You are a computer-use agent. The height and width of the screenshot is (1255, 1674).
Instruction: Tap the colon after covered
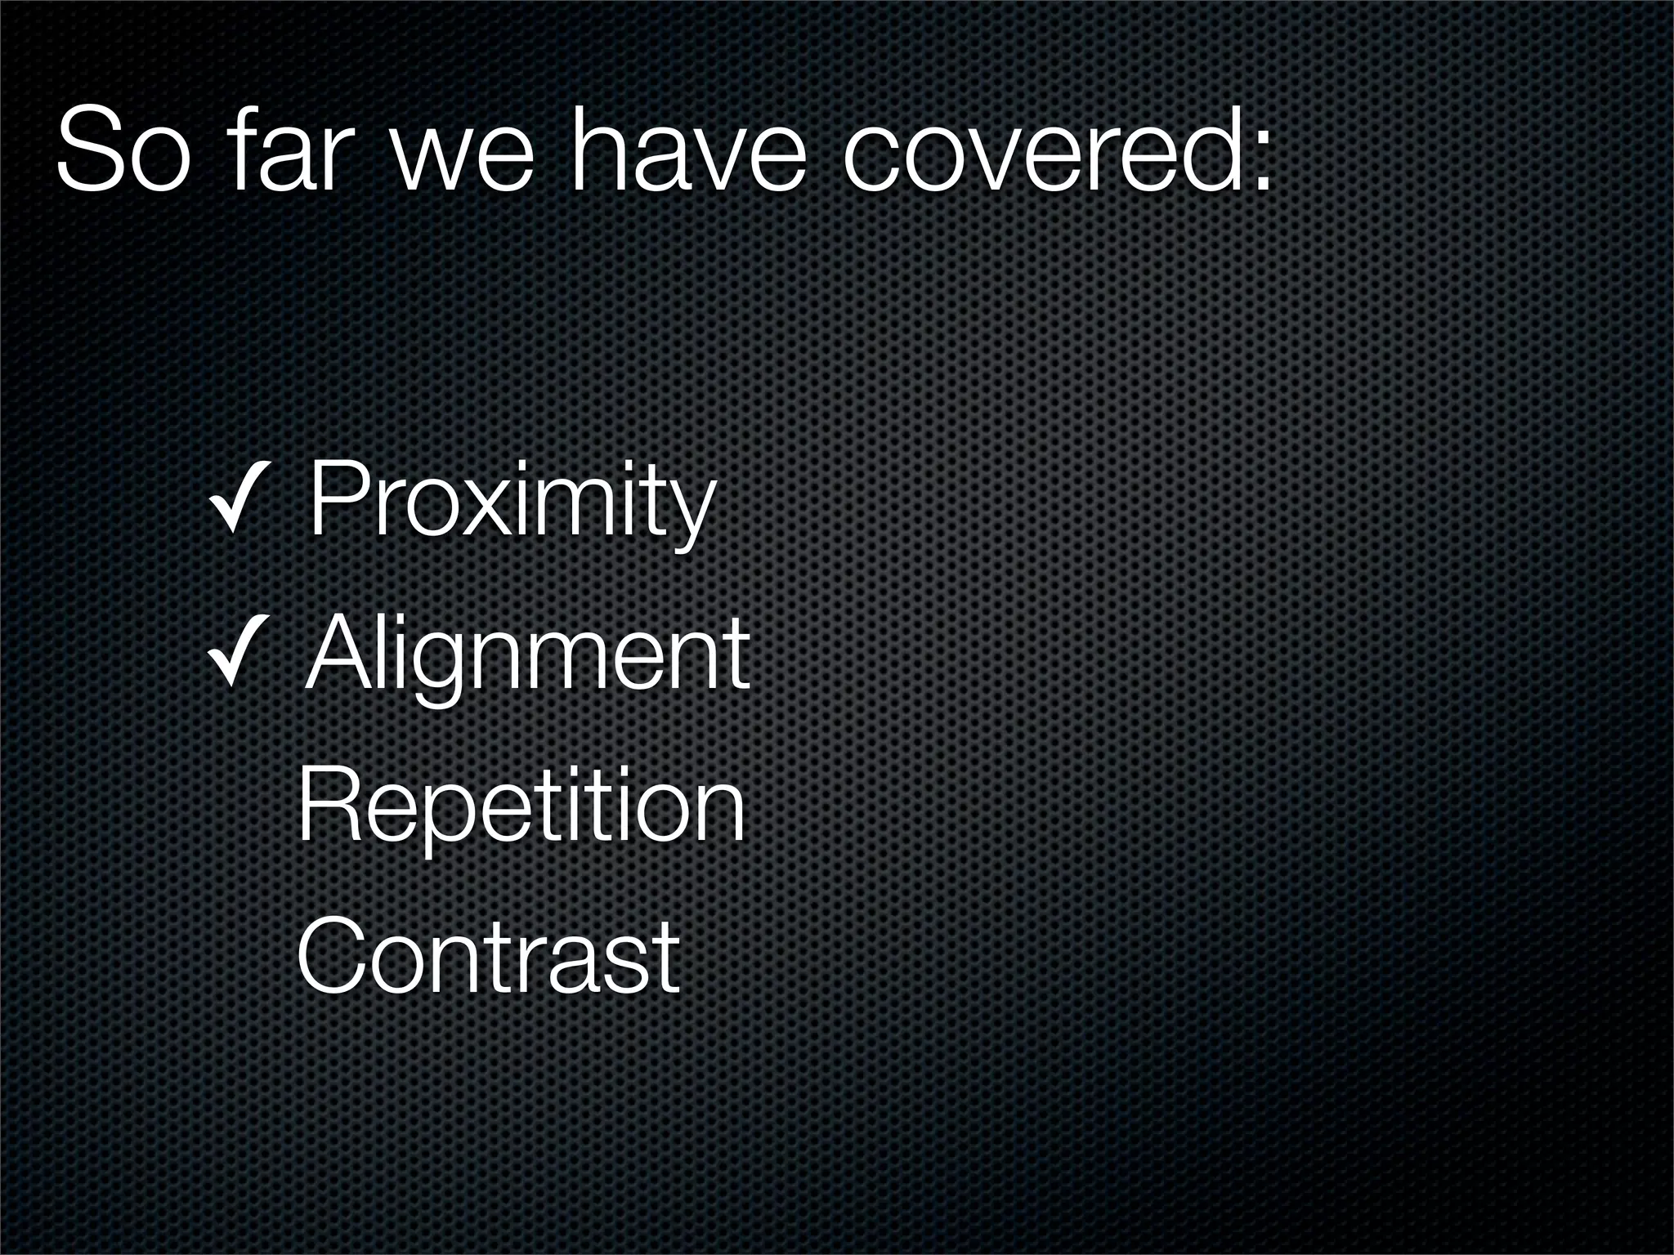coord(1262,163)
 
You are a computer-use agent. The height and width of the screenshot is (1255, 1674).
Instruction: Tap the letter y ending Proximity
coord(692,515)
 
